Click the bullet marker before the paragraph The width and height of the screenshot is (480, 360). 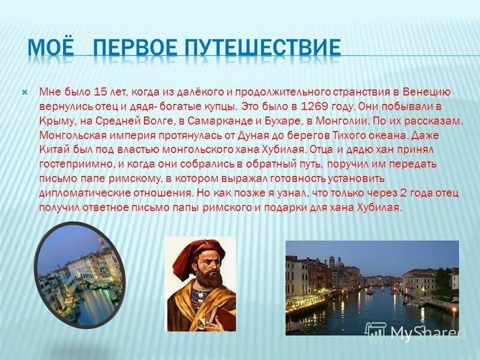coord(25,93)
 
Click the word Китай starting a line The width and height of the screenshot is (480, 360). coord(52,149)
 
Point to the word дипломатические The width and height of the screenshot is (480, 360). coord(77,193)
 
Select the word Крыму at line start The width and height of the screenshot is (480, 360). coord(53,121)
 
